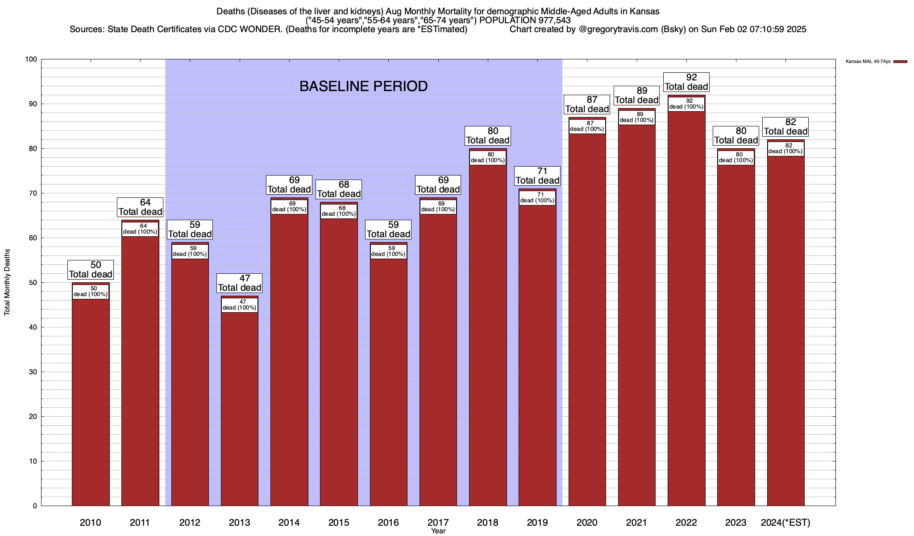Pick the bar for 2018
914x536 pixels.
tap(488, 335)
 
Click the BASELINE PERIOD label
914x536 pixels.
tap(363, 86)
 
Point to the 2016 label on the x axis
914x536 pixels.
tap(388, 522)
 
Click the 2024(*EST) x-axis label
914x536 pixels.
tap(785, 522)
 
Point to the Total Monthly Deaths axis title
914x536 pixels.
tap(7, 282)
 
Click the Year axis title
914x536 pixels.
tap(438, 531)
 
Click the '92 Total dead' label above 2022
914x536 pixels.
tap(686, 82)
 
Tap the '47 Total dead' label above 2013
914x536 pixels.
tap(240, 283)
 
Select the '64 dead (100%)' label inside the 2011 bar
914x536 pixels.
tap(140, 229)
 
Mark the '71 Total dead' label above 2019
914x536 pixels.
tap(537, 176)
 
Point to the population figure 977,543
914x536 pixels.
tap(550, 21)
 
